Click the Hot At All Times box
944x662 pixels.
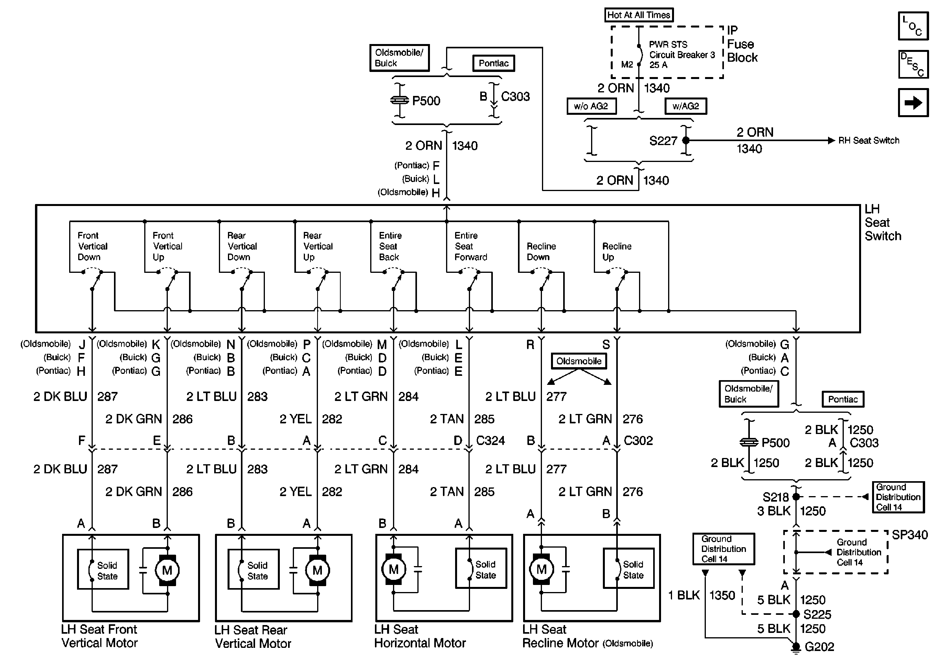(639, 15)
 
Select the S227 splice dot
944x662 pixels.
(686, 141)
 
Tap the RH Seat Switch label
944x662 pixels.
(869, 141)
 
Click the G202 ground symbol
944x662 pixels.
(796, 647)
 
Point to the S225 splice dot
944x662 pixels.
(796, 614)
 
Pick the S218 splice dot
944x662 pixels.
(796, 497)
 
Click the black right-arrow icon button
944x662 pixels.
(913, 102)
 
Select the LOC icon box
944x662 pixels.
(913, 26)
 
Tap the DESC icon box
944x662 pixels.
(913, 64)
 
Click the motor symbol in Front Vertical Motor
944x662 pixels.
(167, 570)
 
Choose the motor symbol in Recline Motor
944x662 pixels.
(542, 570)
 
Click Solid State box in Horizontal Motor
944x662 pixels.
(481, 568)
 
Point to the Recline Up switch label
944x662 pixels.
(617, 252)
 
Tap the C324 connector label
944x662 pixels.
(490, 441)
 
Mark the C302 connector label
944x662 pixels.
(638, 441)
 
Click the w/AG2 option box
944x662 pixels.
(686, 106)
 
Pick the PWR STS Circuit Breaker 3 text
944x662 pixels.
(682, 50)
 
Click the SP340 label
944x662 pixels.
(910, 535)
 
